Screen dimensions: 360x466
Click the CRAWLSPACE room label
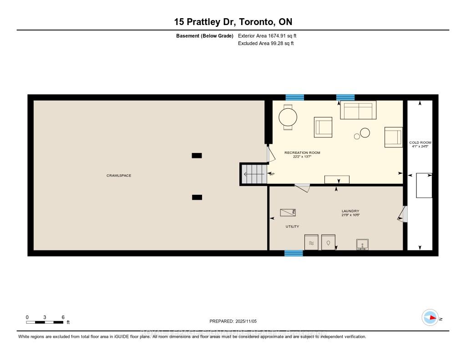point(119,175)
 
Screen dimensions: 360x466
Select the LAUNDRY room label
point(350,211)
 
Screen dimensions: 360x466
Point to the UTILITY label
point(292,226)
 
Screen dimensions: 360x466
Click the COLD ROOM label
point(420,142)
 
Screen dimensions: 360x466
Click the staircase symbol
point(253,174)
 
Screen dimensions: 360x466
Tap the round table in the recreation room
point(288,117)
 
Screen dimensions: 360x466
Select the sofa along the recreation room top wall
point(358,110)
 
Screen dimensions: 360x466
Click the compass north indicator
point(430,318)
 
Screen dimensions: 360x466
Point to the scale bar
point(45,322)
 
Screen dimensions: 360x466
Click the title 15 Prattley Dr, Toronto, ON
point(233,21)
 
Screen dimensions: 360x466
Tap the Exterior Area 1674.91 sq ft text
point(267,35)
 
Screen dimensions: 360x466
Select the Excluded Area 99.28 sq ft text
point(266,43)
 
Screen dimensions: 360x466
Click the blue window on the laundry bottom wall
point(294,253)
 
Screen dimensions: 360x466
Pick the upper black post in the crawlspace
point(197,155)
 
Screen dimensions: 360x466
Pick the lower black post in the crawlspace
point(197,197)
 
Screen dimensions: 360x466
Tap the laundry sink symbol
point(362,244)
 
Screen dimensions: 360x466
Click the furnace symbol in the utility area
point(288,212)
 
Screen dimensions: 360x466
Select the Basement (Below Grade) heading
point(205,35)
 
